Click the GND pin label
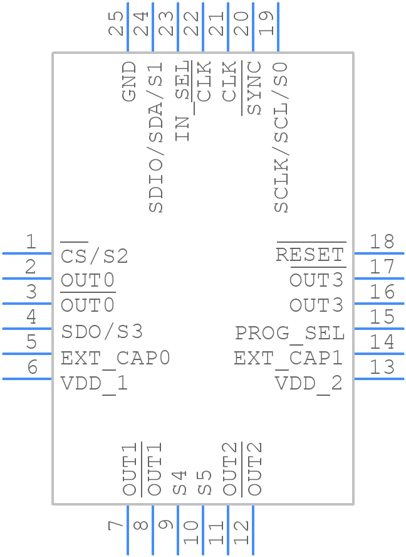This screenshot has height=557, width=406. click(129, 81)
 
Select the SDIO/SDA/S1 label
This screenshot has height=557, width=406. click(155, 137)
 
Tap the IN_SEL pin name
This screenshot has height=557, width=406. click(181, 101)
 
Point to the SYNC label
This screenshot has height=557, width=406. click(254, 88)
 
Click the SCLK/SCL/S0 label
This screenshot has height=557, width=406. click(281, 137)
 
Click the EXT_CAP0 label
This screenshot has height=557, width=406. click(115, 358)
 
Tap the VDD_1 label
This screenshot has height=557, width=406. click(94, 383)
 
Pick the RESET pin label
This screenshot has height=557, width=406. click(310, 255)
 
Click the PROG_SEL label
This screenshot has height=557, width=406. click(289, 332)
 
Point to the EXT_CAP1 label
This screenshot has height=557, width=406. click(288, 358)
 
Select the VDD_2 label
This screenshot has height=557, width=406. click(309, 383)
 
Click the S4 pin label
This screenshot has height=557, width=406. click(180, 482)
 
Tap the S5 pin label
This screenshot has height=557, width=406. click(205, 482)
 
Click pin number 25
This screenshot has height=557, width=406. click(116, 24)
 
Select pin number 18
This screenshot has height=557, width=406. click(382, 241)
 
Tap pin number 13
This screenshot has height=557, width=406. click(382, 367)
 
